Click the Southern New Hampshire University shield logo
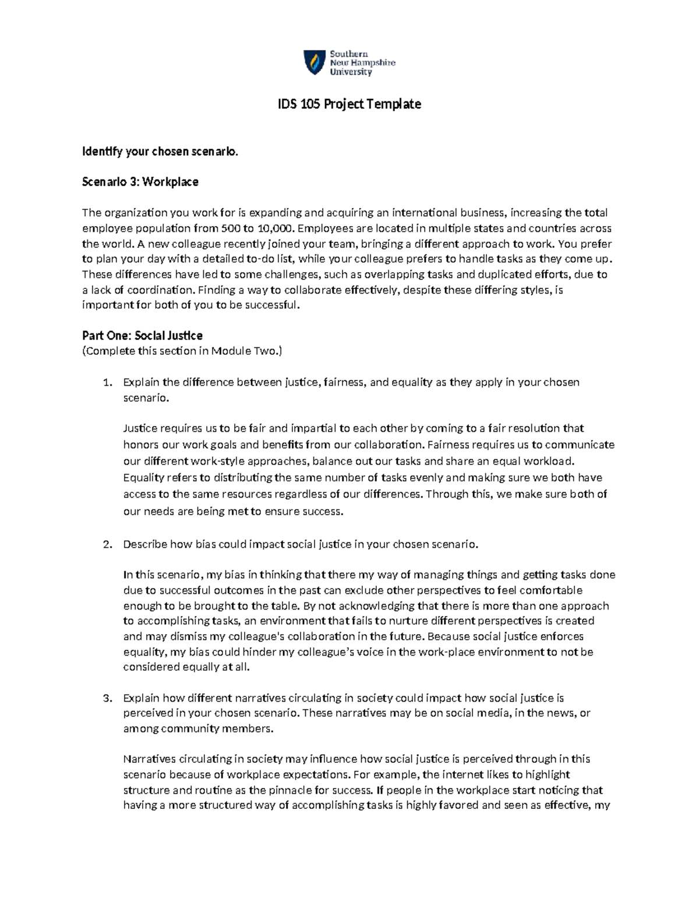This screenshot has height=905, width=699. click(x=314, y=62)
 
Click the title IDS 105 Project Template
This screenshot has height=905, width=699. click(x=348, y=104)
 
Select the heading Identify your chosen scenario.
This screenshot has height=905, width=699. click(x=160, y=152)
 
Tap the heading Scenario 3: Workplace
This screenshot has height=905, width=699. click(x=140, y=182)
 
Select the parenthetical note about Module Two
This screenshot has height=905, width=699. click(x=182, y=351)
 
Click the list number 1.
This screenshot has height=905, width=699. click(x=107, y=383)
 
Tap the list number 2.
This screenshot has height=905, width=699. click(x=107, y=545)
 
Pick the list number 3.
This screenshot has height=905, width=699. click(x=107, y=698)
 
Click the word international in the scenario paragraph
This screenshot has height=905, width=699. click(x=425, y=213)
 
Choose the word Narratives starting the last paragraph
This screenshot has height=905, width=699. click(x=148, y=759)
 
